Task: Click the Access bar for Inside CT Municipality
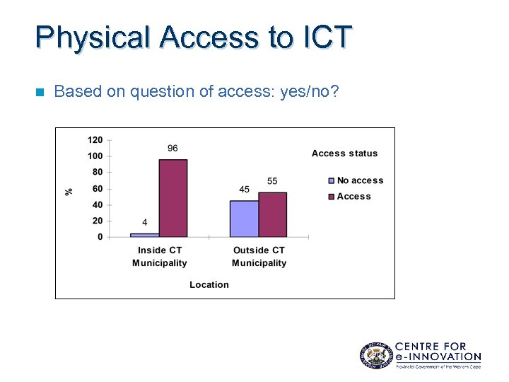(x=173, y=198)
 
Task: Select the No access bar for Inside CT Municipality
(x=145, y=235)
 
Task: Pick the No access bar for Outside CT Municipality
(x=244, y=219)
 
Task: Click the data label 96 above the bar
(x=172, y=149)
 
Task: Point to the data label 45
(x=244, y=190)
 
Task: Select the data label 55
(x=272, y=181)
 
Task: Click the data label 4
(x=144, y=223)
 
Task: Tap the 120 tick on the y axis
(x=95, y=139)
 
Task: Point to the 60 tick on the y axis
(x=98, y=188)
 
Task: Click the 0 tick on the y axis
(x=100, y=237)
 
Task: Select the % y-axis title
(x=69, y=191)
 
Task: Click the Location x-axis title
(x=209, y=284)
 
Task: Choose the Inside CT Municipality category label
(x=160, y=257)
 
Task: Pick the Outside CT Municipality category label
(x=259, y=257)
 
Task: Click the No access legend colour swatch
(x=331, y=181)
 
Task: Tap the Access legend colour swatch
(x=331, y=197)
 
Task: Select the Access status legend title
(x=345, y=154)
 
